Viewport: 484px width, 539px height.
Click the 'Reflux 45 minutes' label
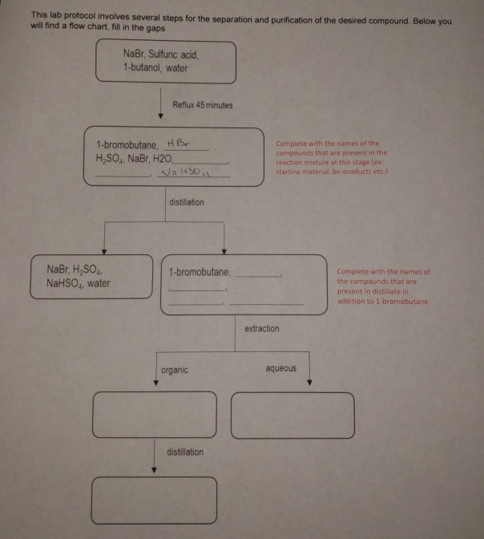tap(202, 106)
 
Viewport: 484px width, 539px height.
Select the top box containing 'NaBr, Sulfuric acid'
tap(166, 62)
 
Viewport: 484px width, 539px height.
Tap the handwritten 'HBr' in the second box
tap(175, 143)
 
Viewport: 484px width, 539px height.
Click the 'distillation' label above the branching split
tap(186, 202)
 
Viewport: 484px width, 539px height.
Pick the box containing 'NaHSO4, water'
tap(91, 276)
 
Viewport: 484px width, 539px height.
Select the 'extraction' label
tap(262, 329)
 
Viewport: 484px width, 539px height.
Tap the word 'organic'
tap(175, 370)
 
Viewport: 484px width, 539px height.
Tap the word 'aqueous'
tap(280, 369)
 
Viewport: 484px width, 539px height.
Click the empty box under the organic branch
tap(155, 415)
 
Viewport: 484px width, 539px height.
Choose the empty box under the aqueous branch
tap(292, 415)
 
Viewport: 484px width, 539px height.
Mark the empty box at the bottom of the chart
tap(155, 500)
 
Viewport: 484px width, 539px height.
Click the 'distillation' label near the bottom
tap(185, 452)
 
